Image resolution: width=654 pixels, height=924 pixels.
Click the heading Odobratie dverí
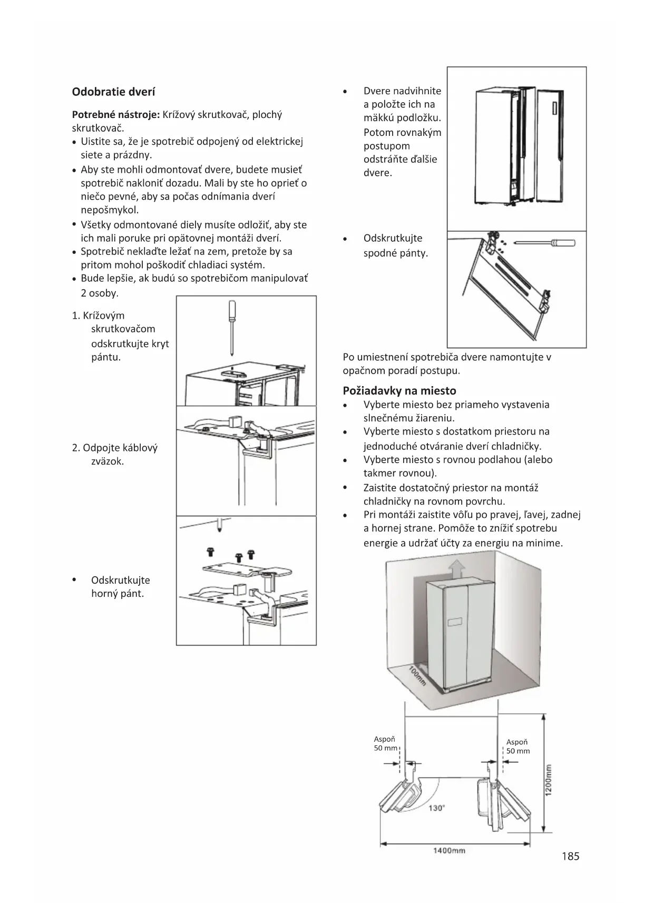point(113,92)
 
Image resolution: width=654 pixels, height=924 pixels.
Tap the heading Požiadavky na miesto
point(399,391)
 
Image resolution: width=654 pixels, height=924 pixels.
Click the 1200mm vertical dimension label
point(548,780)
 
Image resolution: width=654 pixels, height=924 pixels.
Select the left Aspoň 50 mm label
point(385,743)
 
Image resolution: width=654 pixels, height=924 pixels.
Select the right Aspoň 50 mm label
point(518,746)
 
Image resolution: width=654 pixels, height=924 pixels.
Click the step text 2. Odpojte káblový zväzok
point(115,455)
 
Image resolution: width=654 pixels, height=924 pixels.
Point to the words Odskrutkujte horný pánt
point(120,587)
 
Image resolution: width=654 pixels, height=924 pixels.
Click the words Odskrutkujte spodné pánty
point(395,245)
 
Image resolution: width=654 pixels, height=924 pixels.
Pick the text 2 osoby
point(100,293)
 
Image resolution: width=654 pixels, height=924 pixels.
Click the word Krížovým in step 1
point(104,316)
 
